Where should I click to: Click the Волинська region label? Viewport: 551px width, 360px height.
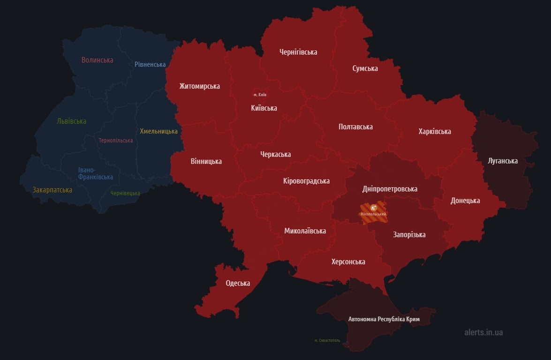[97, 60]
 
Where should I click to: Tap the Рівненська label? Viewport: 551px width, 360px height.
[150, 64]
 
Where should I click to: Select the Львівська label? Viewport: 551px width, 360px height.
[71, 121]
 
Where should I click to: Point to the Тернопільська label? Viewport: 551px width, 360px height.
[116, 141]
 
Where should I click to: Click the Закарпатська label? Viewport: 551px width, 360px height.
[52, 190]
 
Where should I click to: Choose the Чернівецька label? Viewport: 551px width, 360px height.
[125, 193]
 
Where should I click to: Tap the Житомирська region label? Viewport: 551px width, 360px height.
[199, 86]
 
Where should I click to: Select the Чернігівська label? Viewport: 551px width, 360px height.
[298, 52]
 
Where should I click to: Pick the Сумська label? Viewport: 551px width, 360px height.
[365, 68]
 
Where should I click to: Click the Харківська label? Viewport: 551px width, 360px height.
[434, 131]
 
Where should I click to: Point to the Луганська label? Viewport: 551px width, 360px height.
[503, 161]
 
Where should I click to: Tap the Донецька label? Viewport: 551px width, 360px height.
[465, 201]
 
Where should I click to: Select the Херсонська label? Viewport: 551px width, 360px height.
[348, 262]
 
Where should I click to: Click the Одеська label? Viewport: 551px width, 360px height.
[238, 283]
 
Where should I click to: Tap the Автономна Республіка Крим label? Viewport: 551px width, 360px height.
[384, 319]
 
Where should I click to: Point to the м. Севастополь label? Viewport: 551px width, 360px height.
[327, 340]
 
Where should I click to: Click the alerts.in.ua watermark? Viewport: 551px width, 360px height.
[483, 332]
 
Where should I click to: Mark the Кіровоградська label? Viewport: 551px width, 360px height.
[306, 181]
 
